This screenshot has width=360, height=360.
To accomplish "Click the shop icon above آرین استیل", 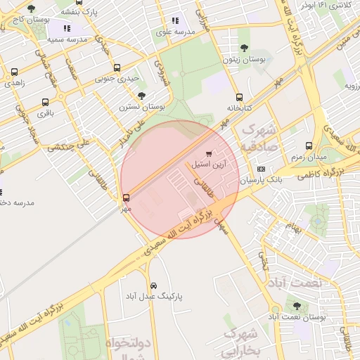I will click(x=208, y=154).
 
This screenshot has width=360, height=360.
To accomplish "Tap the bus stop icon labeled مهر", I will click(x=127, y=198).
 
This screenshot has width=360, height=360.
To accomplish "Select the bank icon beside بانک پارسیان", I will click(x=261, y=169).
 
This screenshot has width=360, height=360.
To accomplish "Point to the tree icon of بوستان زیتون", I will click(x=244, y=48).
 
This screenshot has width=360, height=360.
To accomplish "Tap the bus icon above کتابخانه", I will click(x=239, y=98).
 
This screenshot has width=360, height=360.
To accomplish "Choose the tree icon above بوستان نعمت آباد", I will click(x=297, y=306).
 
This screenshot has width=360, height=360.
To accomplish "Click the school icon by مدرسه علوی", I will click(x=175, y=21).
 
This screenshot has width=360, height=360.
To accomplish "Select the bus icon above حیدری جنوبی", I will click(x=117, y=68).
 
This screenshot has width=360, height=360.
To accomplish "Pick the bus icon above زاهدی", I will click(x=15, y=72).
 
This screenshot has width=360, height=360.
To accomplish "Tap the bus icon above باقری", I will click(x=46, y=102).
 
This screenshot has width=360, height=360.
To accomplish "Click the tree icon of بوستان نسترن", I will click(x=141, y=96).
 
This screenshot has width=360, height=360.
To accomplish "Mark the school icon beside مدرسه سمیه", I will click(x=67, y=28).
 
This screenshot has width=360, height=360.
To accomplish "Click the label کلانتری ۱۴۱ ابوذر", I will click(x=326, y=5).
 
